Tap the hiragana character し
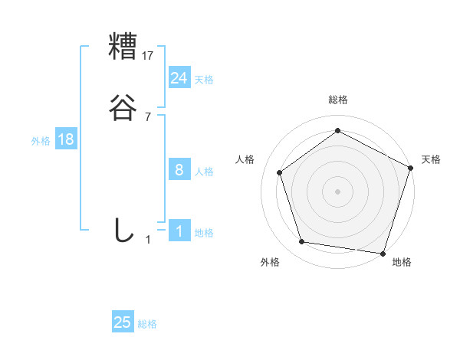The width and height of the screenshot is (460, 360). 123,230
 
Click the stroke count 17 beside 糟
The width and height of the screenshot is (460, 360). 148,55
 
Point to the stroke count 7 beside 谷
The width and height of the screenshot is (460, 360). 148,117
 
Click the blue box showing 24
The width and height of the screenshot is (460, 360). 179,77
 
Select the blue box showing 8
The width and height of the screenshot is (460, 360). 179,170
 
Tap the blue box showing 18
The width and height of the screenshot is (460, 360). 66,139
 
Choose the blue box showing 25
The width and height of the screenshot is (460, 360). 123,322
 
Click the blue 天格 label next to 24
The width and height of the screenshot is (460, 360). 204,80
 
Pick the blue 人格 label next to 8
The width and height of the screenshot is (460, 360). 204,172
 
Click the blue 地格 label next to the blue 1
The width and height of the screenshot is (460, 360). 204,233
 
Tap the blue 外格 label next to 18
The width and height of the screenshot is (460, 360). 41,141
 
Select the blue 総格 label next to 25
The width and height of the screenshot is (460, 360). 147,324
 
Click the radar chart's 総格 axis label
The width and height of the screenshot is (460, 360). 337,100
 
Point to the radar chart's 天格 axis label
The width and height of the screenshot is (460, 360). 431,159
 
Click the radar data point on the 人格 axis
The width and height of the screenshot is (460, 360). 280,172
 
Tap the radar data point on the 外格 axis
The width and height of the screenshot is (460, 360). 302,242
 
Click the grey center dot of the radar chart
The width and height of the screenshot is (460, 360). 337,191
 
